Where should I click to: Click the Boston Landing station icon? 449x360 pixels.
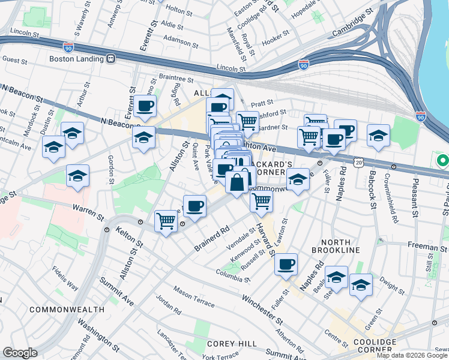[x=110, y=59]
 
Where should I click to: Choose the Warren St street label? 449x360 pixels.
[x=89, y=210]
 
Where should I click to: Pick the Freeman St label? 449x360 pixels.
[x=427, y=247]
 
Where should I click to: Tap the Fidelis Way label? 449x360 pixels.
[x=65, y=278]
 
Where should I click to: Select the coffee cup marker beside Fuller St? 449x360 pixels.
[x=286, y=264]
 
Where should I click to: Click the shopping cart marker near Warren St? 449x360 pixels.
[x=166, y=221]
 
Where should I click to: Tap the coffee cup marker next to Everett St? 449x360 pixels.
[x=144, y=107]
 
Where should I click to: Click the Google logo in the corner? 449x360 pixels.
[x=19, y=353]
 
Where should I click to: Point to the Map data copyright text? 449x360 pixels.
[x=411, y=355]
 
